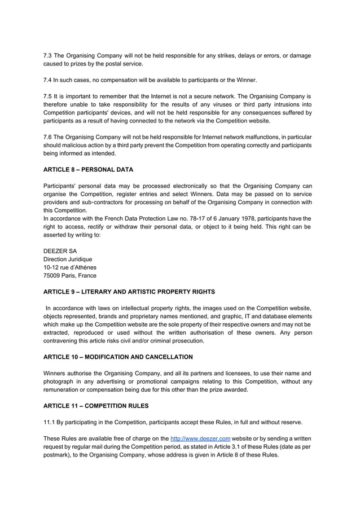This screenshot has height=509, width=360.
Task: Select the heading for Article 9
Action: [129, 292]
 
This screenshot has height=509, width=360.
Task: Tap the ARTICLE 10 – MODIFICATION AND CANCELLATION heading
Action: [118, 357]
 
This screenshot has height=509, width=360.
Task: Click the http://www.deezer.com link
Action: [200, 438]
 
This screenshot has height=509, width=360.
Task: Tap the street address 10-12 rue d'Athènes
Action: [70, 267]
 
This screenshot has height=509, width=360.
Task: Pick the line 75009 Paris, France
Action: [70, 275]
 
